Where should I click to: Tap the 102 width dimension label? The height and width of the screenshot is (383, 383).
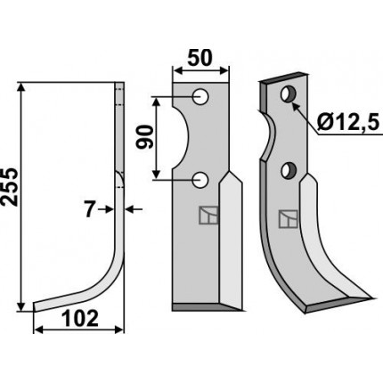coord(80,319)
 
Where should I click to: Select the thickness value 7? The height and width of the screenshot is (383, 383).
coord(89,209)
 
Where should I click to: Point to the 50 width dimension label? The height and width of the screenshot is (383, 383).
coord(200,58)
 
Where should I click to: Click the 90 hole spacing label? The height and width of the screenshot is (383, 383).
coord(144,137)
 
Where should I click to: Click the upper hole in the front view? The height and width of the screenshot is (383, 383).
coord(200,97)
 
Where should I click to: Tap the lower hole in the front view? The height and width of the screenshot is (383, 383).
coord(200,180)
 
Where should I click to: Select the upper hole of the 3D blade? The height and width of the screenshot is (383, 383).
coord(289,94)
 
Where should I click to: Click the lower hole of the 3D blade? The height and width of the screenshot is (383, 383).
coord(289,171)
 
